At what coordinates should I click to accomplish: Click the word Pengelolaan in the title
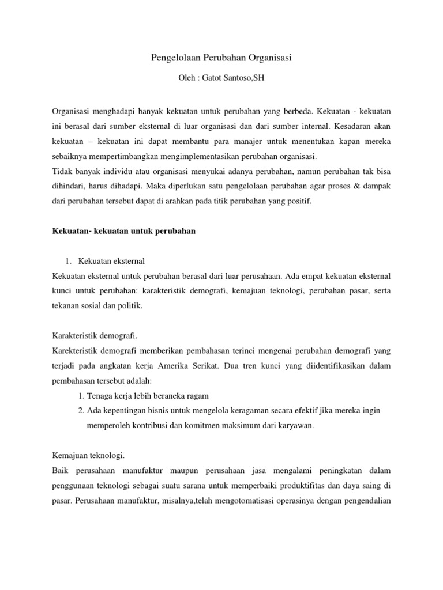pyautogui.click(x=170, y=58)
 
